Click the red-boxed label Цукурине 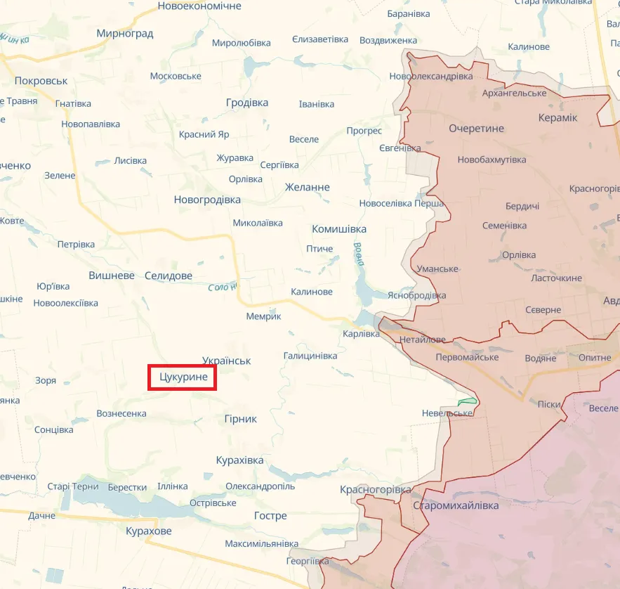point(183,377)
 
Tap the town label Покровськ point(41,81)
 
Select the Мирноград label point(125,33)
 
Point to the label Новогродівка point(207,200)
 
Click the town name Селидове point(169,276)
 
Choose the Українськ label point(226,361)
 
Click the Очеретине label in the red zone point(477,129)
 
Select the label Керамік point(558,117)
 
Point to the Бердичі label point(522,206)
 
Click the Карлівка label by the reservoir point(360,334)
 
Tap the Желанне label point(307,187)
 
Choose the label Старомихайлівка point(456,505)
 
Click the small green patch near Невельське point(467,401)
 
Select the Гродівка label point(247,103)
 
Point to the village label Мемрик point(263,316)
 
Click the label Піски point(549,403)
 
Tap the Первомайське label point(467,357)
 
